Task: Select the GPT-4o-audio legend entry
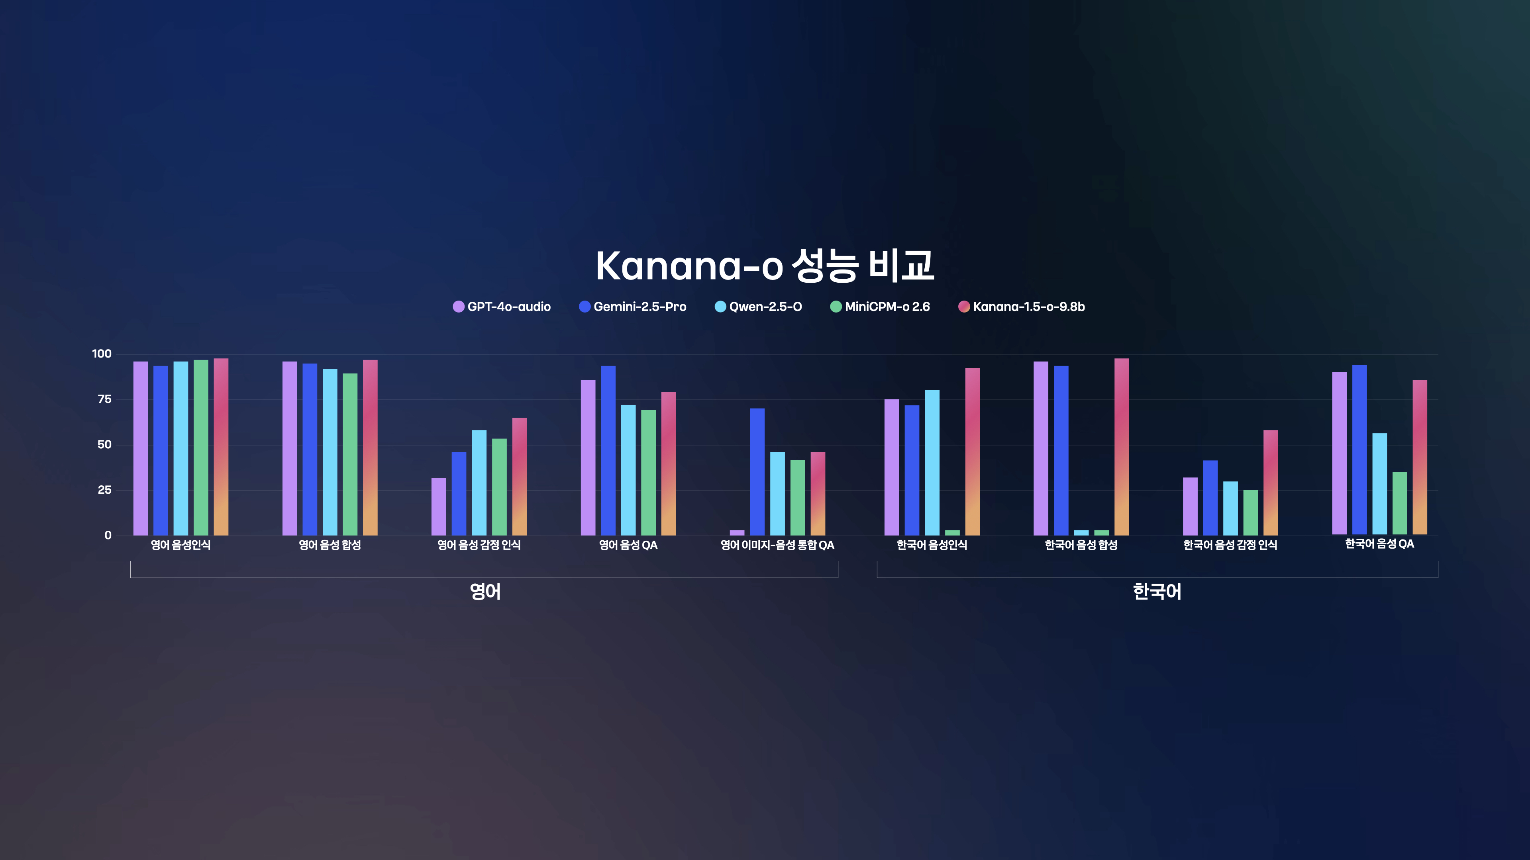(502, 307)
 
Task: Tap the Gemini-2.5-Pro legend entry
(633, 307)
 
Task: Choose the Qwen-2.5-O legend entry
(758, 307)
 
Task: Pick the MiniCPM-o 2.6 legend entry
(880, 307)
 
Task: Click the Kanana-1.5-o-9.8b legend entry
(1022, 307)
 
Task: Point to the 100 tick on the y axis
(102, 354)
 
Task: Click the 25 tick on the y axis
(104, 490)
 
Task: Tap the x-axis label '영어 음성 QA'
(628, 545)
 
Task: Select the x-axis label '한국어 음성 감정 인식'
(1230, 545)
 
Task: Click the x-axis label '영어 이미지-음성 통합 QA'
(777, 545)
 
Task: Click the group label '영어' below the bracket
(485, 592)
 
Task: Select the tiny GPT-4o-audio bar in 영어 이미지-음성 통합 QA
(737, 532)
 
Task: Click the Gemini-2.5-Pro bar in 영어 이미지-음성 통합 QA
(757, 472)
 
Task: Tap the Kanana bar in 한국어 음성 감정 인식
(1271, 483)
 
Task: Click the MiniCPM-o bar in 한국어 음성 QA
(1400, 503)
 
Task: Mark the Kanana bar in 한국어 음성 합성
(1122, 447)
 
